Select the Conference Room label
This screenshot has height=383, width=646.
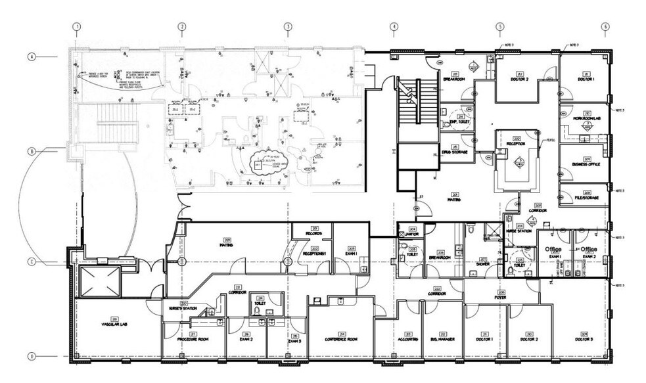tap(340, 339)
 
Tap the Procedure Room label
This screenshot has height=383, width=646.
tap(194, 339)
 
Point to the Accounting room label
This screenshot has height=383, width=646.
tap(408, 339)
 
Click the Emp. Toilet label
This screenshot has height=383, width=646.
tap(458, 122)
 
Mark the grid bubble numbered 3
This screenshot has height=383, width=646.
tap(287, 27)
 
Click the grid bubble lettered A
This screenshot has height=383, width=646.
tap(31, 57)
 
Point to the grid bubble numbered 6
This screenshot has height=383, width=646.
tap(605, 27)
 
